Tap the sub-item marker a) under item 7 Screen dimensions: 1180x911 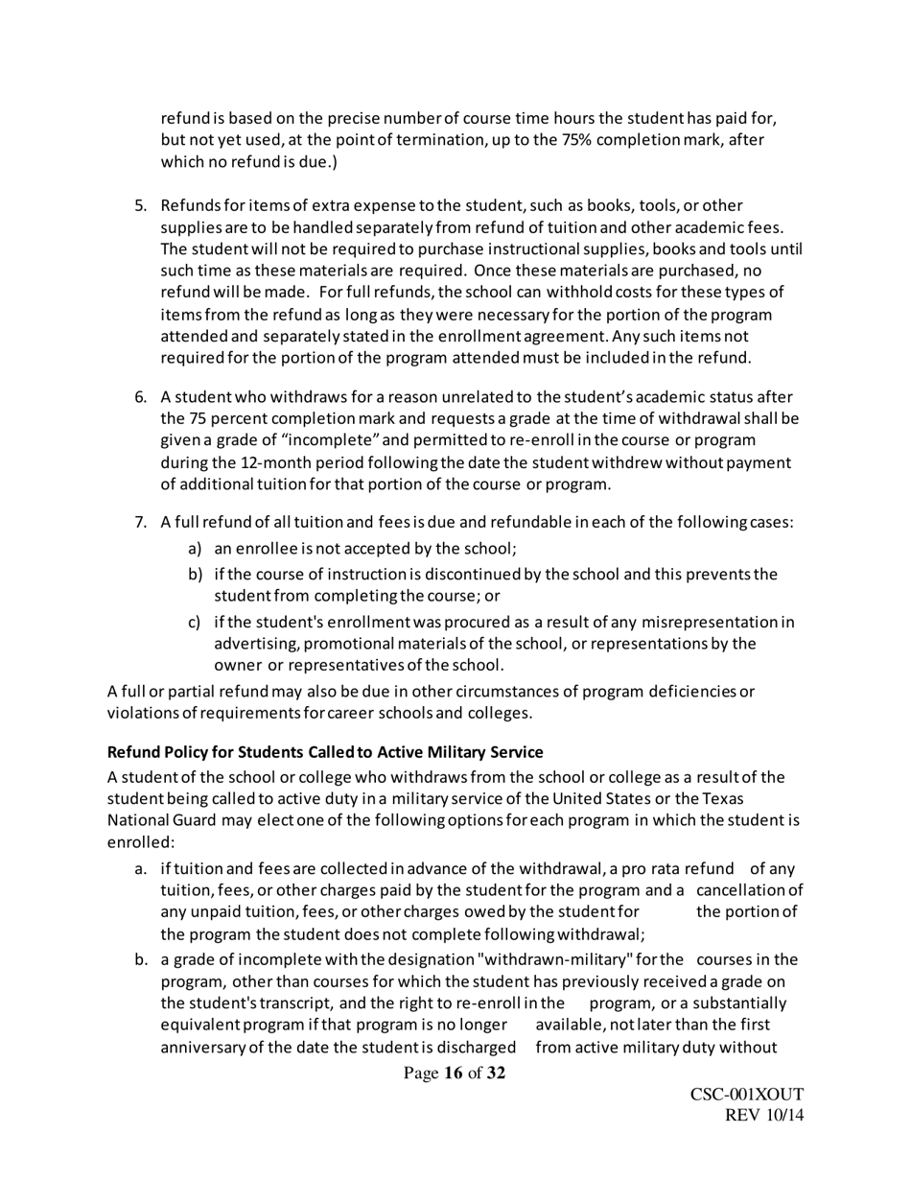[x=195, y=549]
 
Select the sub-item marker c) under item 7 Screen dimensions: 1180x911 [x=195, y=622]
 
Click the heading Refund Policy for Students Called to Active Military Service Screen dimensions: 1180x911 [x=325, y=751]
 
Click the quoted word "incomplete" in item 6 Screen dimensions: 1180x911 [x=313, y=440]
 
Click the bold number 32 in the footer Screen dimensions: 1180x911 [x=496, y=1074]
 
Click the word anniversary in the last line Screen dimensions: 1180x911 [x=206, y=1047]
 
